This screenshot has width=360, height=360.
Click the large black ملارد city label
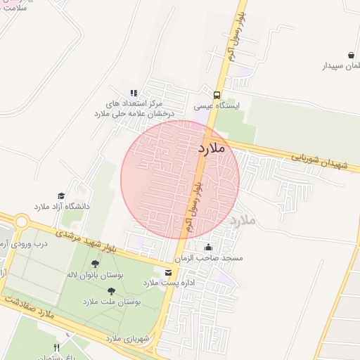[x=211, y=148]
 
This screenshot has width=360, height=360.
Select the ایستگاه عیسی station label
[x=217, y=106]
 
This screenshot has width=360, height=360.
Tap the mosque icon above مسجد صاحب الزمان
[x=208, y=247]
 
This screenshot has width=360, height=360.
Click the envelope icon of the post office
[x=167, y=272]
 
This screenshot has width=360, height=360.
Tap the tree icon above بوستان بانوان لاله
[x=95, y=264]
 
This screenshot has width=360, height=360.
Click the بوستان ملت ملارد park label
[x=112, y=301]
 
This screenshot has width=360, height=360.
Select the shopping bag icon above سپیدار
[x=351, y=55]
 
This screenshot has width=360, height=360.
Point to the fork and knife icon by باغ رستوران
[x=57, y=348]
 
